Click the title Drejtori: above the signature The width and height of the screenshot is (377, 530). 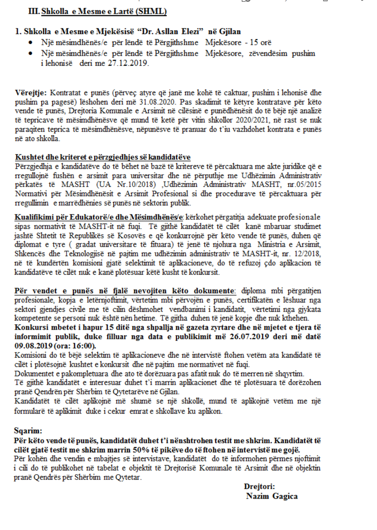[x=259, y=487]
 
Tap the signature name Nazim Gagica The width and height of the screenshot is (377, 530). [x=272, y=496]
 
